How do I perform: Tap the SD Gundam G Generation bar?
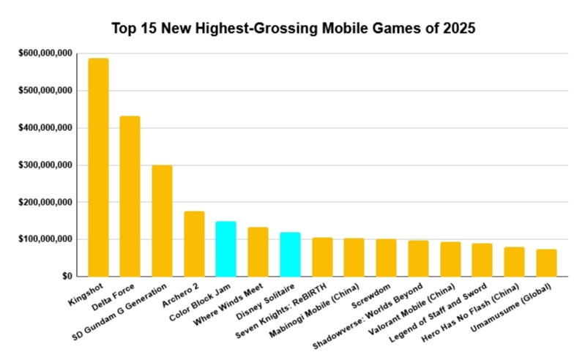coord(162,220)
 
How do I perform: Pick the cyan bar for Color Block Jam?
coord(226,248)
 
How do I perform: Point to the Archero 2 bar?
coord(194,243)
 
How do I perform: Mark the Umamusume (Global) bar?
coord(546,262)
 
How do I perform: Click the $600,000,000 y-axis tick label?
coord(45,53)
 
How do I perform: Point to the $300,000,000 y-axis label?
coord(45,165)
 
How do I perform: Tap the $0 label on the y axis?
coord(66,277)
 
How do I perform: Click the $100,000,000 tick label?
coord(45,239)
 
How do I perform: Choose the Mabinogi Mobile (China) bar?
coord(354,257)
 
